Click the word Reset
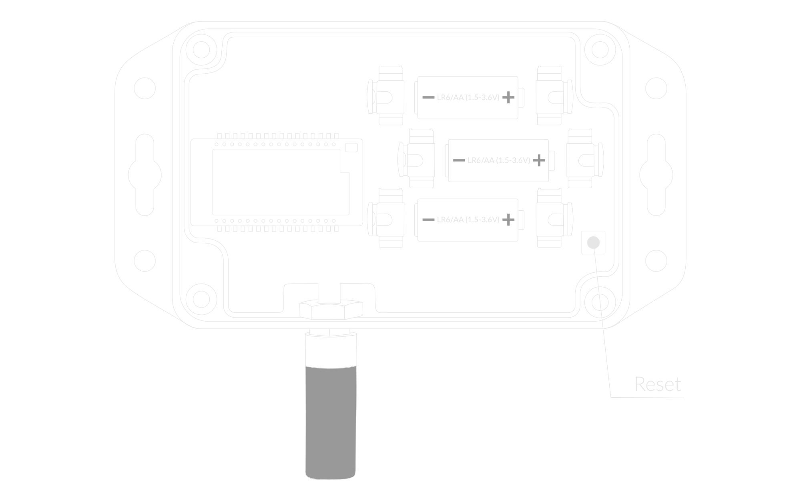coord(658,384)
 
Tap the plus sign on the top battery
coord(508,97)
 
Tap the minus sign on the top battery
coord(428,97)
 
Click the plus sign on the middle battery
coord(539,160)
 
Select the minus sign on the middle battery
coord(459,160)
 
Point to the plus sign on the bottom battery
coord(508,219)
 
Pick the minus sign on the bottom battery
coord(428,219)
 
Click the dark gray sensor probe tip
coord(331,423)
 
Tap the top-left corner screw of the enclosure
coord(201,50)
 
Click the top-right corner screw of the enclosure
coord(600,50)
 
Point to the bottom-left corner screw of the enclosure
coord(201,300)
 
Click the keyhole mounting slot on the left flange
coord(145,175)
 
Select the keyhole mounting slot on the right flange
coord(656,175)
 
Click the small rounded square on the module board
coord(351,147)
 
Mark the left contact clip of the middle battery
coord(416,159)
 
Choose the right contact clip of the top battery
coord(554,96)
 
